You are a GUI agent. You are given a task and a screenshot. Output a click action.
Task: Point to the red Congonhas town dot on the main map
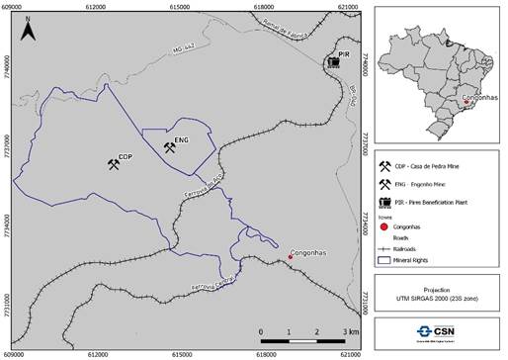pos(290,257)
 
